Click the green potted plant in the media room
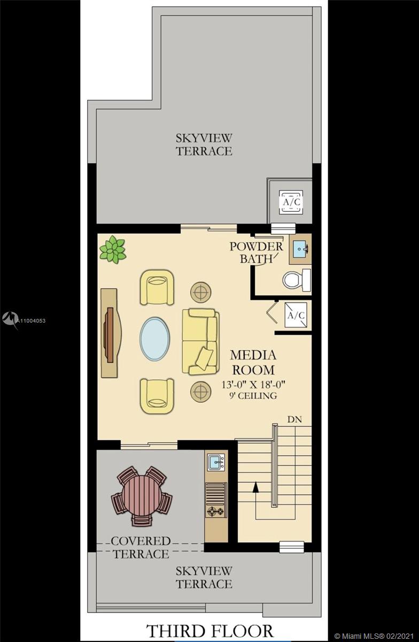coord(113,250)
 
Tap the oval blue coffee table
coord(154,339)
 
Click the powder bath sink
coord(300,249)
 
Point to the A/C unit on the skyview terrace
coord(291,202)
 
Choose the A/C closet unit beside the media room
coord(296,315)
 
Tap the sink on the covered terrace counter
coord(216,462)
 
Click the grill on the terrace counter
coord(216,492)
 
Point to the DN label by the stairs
coord(294,419)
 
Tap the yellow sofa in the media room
coord(200,341)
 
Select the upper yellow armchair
coord(157,287)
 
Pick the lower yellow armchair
coord(157,396)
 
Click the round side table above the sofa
coord(201,292)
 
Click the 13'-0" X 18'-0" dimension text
coord(253,384)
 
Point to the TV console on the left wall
coord(109,333)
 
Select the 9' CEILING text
coord(253,396)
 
